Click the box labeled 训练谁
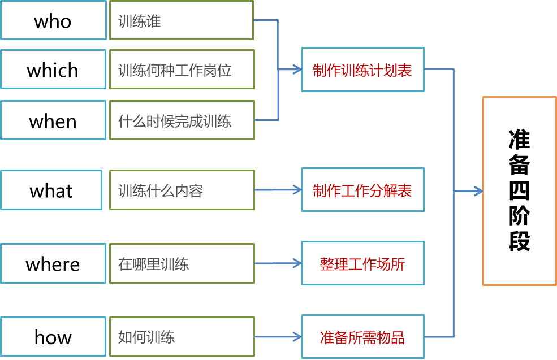[x=182, y=20]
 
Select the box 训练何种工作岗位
[x=182, y=70]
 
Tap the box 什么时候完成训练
[x=182, y=120]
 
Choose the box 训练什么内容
[x=182, y=190]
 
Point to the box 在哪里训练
[x=182, y=263]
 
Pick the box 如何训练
[x=182, y=337]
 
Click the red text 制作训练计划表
[x=362, y=70]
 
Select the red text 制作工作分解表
[x=362, y=190]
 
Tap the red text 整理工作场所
[x=362, y=264]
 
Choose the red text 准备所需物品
[x=362, y=337]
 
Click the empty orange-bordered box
[x=519, y=191]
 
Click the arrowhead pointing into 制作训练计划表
[x=297, y=70]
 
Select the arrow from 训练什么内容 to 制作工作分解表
[x=278, y=190]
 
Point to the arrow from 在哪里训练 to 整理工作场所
[x=278, y=263]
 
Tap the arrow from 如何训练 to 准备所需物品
[x=278, y=337]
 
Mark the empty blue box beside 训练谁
[x=53, y=20]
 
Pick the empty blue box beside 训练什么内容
[x=51, y=190]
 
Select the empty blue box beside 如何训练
[x=53, y=337]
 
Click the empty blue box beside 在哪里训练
[x=53, y=263]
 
